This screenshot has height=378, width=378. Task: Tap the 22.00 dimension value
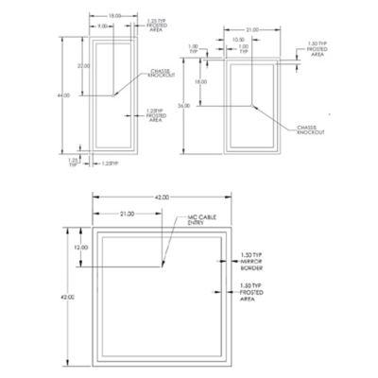[83, 66]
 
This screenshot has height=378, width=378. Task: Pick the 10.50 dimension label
[242, 40]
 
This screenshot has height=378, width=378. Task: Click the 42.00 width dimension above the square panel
[162, 197]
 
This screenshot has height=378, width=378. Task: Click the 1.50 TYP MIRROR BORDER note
[249, 260]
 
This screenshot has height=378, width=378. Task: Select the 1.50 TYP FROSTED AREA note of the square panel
[249, 289]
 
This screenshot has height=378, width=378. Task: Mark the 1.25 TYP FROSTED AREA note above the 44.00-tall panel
[158, 25]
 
